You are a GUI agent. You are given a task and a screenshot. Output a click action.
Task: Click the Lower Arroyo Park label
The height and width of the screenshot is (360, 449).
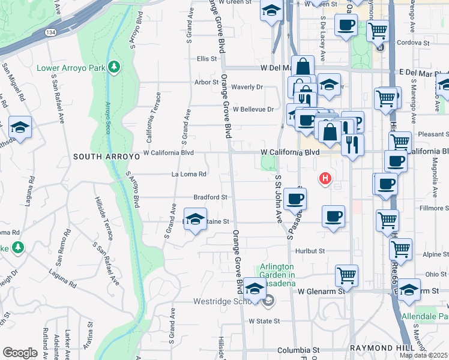[x=71, y=67]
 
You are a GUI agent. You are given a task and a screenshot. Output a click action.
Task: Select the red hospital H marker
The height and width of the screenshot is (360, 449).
[x=325, y=178]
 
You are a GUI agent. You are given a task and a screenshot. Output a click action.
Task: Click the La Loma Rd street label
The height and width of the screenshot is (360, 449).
[x=189, y=175]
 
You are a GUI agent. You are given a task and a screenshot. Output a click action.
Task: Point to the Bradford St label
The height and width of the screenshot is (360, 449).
[x=210, y=197]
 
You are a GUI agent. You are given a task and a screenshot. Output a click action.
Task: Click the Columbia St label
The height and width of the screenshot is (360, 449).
[x=298, y=350]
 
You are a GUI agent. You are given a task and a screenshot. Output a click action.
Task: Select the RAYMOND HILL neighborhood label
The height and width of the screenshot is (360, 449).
[x=381, y=349]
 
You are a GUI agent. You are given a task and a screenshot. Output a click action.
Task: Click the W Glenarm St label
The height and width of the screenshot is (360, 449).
[x=323, y=291]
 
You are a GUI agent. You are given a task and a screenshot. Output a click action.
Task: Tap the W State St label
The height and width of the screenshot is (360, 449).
[x=264, y=321]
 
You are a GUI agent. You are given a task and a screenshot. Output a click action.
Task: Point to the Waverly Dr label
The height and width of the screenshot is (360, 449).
[x=247, y=87]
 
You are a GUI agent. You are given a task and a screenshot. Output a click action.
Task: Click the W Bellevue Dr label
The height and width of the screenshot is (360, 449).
[x=253, y=109]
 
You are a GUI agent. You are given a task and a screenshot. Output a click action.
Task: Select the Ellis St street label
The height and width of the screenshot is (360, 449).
[x=206, y=59]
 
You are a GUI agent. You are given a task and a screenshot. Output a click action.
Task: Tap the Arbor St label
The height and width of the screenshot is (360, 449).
[x=206, y=82]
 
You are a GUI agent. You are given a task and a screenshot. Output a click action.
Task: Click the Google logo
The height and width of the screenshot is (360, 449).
[x=20, y=353]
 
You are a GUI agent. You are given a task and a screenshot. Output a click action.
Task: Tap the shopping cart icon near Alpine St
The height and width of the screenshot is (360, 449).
[x=400, y=247]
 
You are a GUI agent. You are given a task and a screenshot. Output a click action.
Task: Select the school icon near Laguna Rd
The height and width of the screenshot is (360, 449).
[x=20, y=127]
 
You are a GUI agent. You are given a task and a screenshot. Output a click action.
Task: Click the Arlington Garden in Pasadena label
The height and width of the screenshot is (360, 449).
[x=277, y=275]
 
